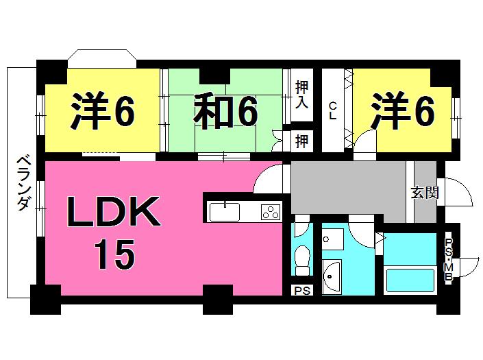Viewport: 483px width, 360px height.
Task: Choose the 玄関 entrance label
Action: [424, 193]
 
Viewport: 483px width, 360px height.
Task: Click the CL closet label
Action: [332, 110]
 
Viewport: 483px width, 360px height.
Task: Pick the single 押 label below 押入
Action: [301, 142]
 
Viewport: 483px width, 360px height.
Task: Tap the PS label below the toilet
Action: [302, 290]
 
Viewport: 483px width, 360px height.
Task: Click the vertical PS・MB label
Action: [449, 260]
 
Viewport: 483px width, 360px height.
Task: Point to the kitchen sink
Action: [224, 212]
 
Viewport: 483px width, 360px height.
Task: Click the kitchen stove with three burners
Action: [271, 212]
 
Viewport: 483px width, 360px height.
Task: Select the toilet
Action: [302, 259]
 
